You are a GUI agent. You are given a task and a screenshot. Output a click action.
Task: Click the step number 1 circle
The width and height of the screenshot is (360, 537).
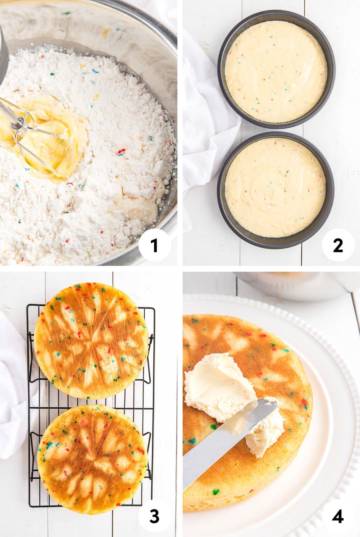tap(154, 246)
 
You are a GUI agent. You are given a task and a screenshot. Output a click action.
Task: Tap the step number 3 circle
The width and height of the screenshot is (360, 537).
tap(154, 516)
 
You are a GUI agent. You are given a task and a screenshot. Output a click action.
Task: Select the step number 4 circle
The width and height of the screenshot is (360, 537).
tap(338, 516)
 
